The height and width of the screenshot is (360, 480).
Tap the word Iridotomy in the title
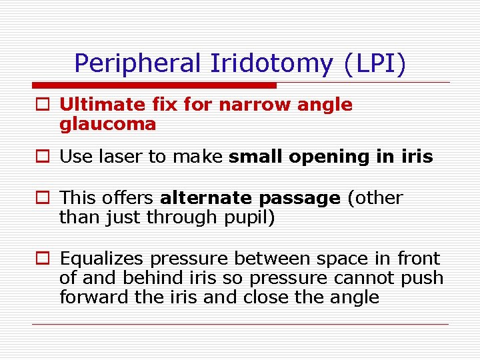click(273, 63)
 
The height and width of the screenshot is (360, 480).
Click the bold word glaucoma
click(107, 124)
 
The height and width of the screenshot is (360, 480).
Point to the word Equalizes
click(101, 259)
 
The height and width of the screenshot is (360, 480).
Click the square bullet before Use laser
click(42, 157)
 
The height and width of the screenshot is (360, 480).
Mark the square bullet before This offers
click(42, 199)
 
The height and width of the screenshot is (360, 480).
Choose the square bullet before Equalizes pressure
click(42, 259)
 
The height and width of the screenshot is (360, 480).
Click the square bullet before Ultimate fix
click(42, 105)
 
